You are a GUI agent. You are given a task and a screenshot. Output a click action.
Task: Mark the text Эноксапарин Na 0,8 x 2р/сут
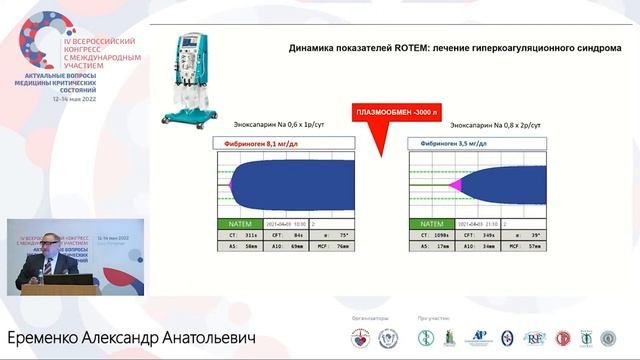[496, 126]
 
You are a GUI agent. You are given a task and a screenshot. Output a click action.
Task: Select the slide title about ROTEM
[454, 48]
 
